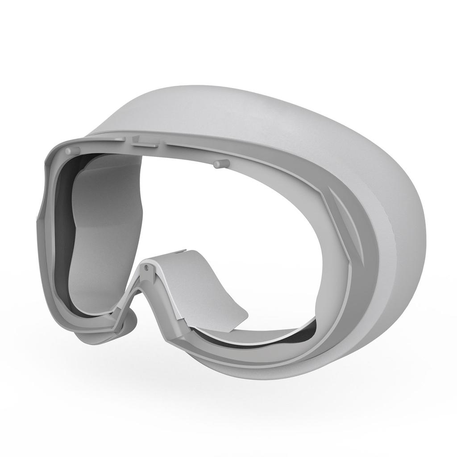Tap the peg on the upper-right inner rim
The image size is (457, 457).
218,165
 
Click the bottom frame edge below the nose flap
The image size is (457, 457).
214,353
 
